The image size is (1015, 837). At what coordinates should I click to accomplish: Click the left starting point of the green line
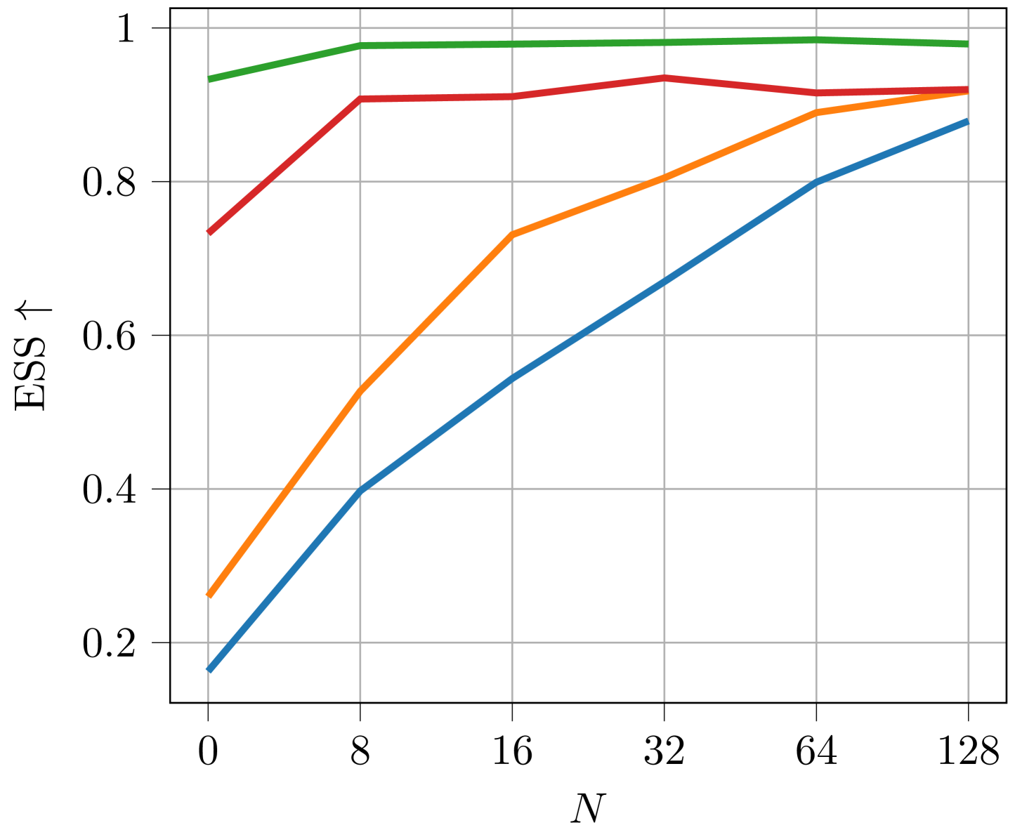pos(209,79)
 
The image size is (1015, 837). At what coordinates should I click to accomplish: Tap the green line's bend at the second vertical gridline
pos(360,46)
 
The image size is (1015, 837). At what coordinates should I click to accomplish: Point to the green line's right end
pos(968,44)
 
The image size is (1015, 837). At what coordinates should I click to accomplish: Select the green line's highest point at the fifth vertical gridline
pos(816,39)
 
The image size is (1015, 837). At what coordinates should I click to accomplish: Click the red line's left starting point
pos(209,232)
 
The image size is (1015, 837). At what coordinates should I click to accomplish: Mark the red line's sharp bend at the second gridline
pos(360,99)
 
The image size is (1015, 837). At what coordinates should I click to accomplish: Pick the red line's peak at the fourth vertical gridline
pos(664,77)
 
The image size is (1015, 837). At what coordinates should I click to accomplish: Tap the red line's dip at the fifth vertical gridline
pos(816,93)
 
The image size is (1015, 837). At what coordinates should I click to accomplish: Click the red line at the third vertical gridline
pos(512,96)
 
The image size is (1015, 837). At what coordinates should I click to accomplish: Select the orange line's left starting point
pos(209,595)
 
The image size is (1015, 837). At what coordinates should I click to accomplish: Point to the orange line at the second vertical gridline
pos(360,390)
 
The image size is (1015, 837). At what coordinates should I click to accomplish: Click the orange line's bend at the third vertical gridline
pos(512,234)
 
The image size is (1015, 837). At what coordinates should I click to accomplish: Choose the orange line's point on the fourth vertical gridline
pos(664,178)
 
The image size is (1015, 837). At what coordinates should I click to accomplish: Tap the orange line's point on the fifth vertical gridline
pos(816,112)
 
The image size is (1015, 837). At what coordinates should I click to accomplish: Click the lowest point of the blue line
pos(209,671)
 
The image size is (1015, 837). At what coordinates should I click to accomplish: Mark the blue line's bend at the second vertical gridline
pos(360,491)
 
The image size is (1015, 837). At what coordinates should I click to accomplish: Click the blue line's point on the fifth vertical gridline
pos(816,182)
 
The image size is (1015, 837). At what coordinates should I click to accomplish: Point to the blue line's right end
pos(968,121)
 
